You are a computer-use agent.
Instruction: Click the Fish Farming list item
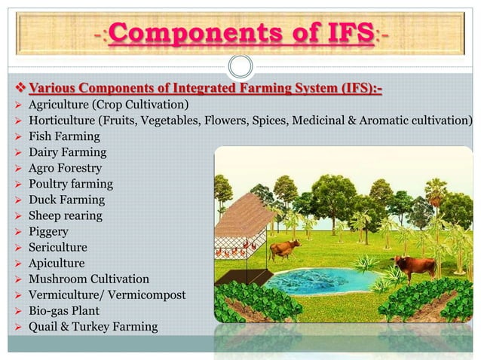click(64, 136)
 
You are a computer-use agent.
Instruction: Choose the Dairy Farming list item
click(67, 152)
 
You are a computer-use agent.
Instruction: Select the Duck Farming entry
click(66, 200)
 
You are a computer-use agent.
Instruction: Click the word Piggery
click(48, 231)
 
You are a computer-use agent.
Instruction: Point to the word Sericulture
click(58, 247)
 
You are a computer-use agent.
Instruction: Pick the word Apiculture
click(57, 263)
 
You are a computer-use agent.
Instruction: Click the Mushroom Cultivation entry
click(89, 279)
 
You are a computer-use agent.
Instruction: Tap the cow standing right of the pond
click(414, 266)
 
